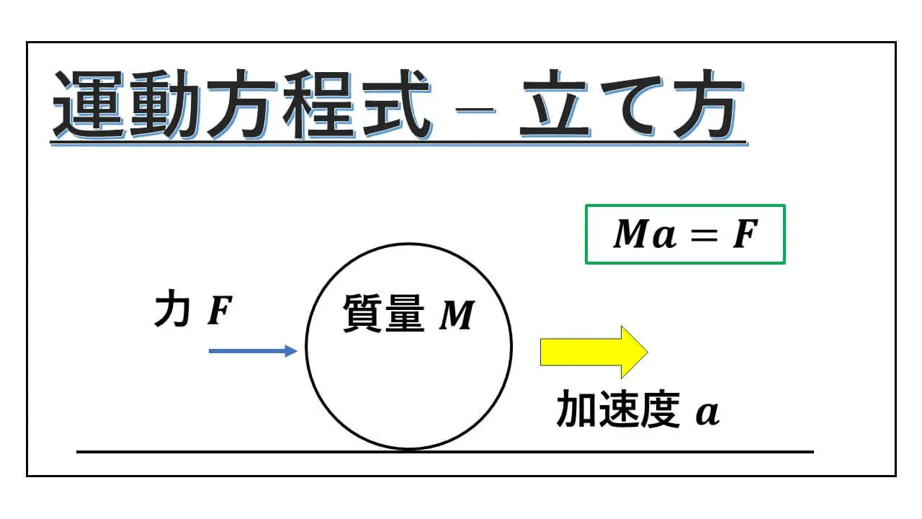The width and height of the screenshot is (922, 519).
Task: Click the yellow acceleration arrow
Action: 594,352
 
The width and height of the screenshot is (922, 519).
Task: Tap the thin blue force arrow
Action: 253,351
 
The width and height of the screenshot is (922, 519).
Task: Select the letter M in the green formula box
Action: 632,234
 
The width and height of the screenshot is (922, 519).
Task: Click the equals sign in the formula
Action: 704,235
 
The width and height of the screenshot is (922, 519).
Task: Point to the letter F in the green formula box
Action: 746,234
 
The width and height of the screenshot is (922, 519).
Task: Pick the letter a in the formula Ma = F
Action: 664,237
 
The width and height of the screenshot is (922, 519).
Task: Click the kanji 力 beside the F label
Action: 171,309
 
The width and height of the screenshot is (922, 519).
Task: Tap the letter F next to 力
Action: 220,311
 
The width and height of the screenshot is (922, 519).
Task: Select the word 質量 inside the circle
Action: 384,314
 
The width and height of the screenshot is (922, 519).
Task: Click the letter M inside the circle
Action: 457,315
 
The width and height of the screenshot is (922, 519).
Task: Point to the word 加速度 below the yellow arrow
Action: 618,409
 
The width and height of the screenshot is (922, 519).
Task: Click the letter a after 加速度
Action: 707,413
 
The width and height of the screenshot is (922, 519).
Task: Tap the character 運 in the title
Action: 89,105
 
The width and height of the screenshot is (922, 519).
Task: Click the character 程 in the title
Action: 319,105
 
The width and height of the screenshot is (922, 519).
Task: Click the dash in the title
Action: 475,110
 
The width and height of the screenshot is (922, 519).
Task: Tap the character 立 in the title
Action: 555,105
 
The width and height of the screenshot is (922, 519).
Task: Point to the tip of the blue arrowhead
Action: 297,351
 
